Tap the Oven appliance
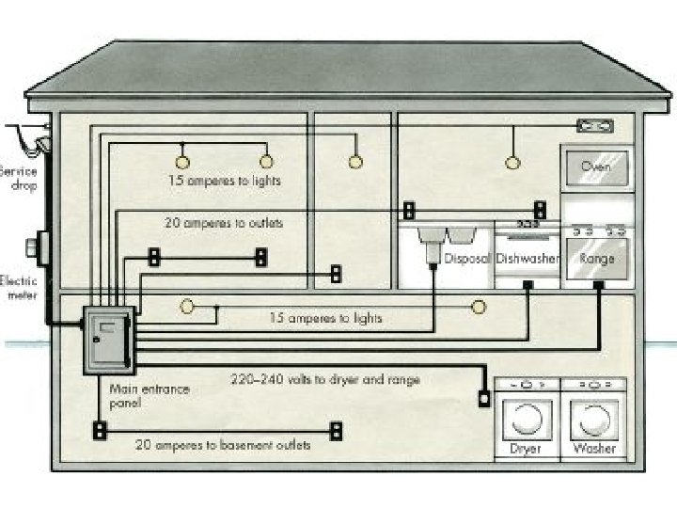pos(595,167)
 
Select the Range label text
pos(597,258)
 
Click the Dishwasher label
pos(527,258)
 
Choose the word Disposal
pos(466,258)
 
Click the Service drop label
pos(19,179)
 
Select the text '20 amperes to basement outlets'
pos(223,445)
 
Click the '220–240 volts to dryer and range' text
pos(325,380)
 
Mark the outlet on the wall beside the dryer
pos(485,397)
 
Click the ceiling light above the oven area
pos(512,162)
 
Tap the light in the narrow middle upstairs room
pos(354,162)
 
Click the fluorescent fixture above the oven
pos(594,124)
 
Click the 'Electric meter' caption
pos(19,287)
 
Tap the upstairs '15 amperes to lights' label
pos(225,179)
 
